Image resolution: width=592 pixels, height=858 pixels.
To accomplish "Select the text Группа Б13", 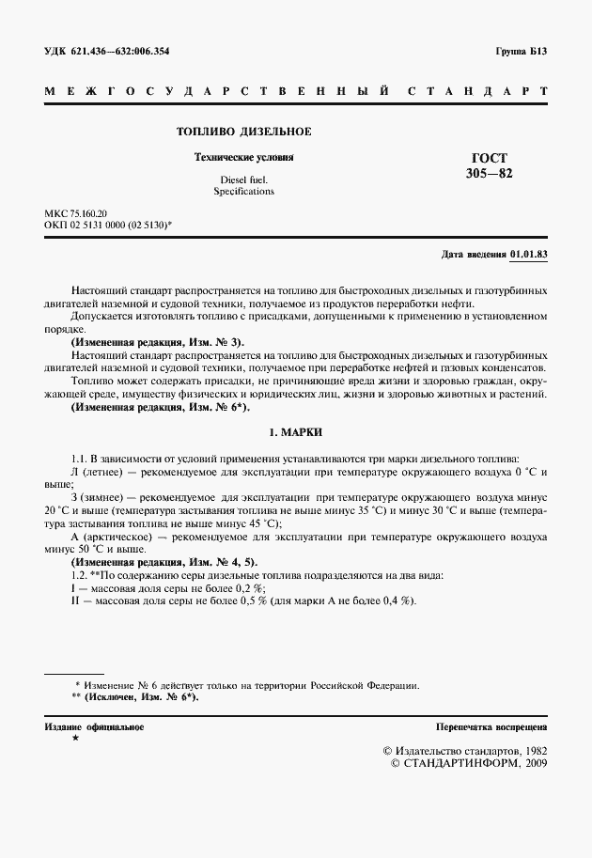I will pos(521,51).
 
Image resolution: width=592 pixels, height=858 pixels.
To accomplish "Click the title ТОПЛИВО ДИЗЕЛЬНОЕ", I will pos(244,132).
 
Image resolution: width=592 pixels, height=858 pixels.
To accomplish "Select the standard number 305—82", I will pos(490,174).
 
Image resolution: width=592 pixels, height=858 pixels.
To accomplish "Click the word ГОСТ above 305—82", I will pos(490,159).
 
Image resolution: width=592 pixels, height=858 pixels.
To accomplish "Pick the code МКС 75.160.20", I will pos(76,214).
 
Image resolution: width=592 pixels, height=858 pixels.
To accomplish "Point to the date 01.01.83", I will pos(529,255).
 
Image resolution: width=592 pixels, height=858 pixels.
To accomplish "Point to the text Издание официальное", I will pos(94,727).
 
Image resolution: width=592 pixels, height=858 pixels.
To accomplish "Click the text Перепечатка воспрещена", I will pos(491,727).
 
